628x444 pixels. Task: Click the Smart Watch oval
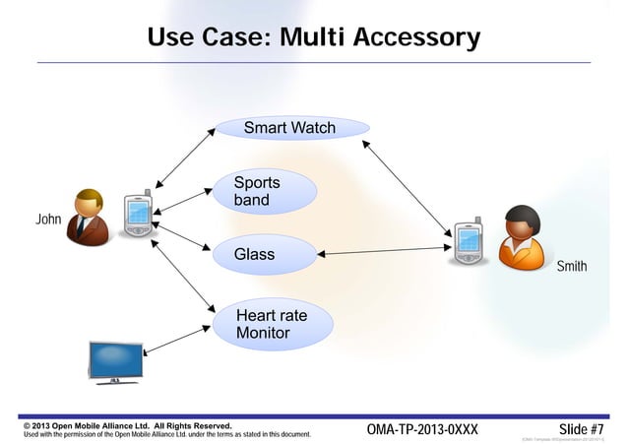click(x=292, y=129)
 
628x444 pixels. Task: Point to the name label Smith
click(x=572, y=267)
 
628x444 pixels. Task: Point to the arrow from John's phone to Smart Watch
click(x=185, y=157)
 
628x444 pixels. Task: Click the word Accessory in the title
click(x=416, y=38)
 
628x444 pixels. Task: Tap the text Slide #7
click(x=580, y=430)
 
